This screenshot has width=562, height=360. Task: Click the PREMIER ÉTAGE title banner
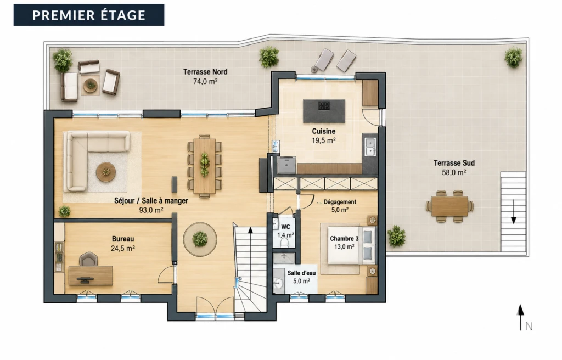point(89,15)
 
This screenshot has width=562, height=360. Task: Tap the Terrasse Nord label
point(205,72)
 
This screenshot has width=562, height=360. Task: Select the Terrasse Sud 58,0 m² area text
point(454,172)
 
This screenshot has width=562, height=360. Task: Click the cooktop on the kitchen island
point(324,106)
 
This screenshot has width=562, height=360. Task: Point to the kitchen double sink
point(370,147)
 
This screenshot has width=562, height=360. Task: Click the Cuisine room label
point(324,131)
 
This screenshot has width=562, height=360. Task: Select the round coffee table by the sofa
point(106,172)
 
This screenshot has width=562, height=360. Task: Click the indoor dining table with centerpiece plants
point(204,166)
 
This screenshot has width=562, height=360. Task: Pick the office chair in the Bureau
point(88,259)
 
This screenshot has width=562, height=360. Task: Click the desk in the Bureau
point(91,275)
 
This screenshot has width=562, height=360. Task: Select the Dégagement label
point(340,202)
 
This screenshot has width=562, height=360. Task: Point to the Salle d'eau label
point(301,273)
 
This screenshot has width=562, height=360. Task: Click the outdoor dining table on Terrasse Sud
point(450,206)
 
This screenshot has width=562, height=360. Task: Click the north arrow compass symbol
point(520,317)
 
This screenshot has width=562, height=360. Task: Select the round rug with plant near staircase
point(200,239)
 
